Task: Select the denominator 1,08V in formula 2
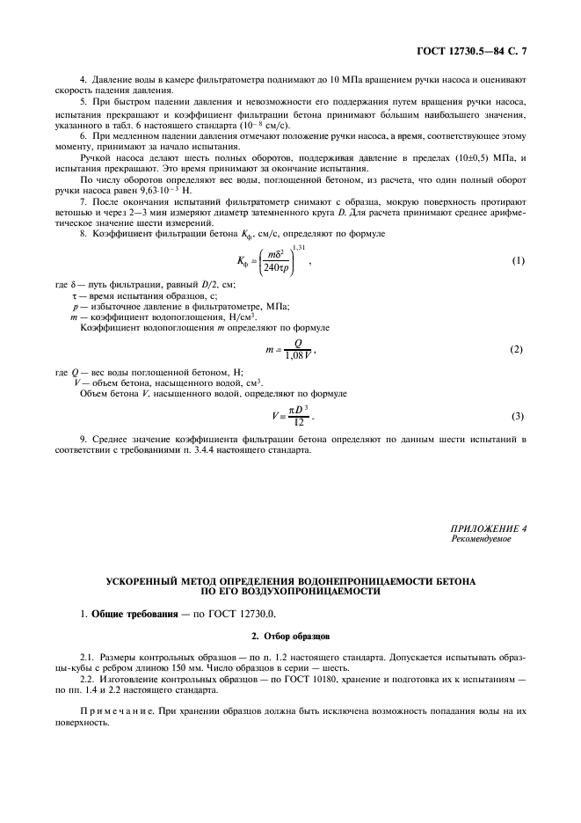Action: [294, 355]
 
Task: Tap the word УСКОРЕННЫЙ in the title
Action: [144, 581]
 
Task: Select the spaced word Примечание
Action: [118, 710]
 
